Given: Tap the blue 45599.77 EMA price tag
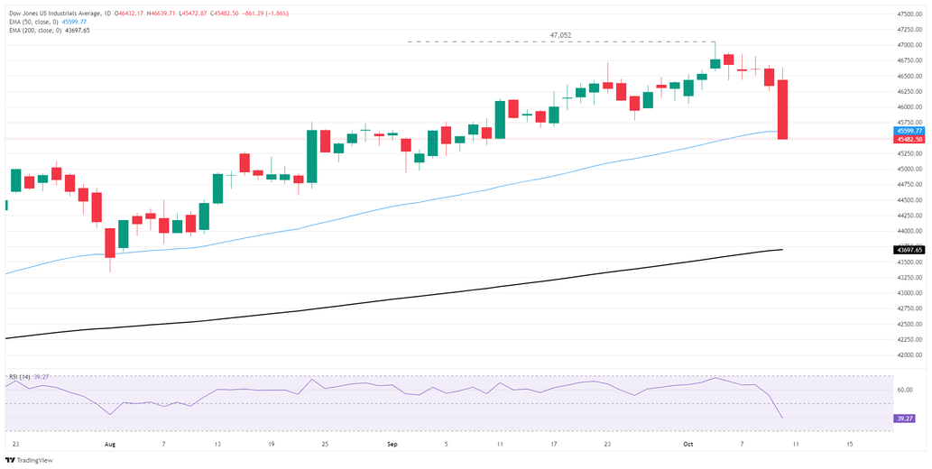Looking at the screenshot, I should [909, 132].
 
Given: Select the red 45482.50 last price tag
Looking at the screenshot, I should [909, 140].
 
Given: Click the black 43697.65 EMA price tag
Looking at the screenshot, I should [909, 249].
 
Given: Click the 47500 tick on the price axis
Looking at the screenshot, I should [909, 14].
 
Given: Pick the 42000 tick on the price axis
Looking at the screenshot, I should [909, 355].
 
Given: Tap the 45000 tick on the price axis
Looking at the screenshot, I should [909, 170].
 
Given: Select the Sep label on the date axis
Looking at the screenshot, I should [392, 445].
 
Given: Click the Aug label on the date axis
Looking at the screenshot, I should [111, 445].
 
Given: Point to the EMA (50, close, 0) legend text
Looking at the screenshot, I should [35, 22].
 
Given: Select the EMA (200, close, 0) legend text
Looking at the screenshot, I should [37, 31].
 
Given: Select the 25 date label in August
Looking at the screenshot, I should [325, 445].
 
